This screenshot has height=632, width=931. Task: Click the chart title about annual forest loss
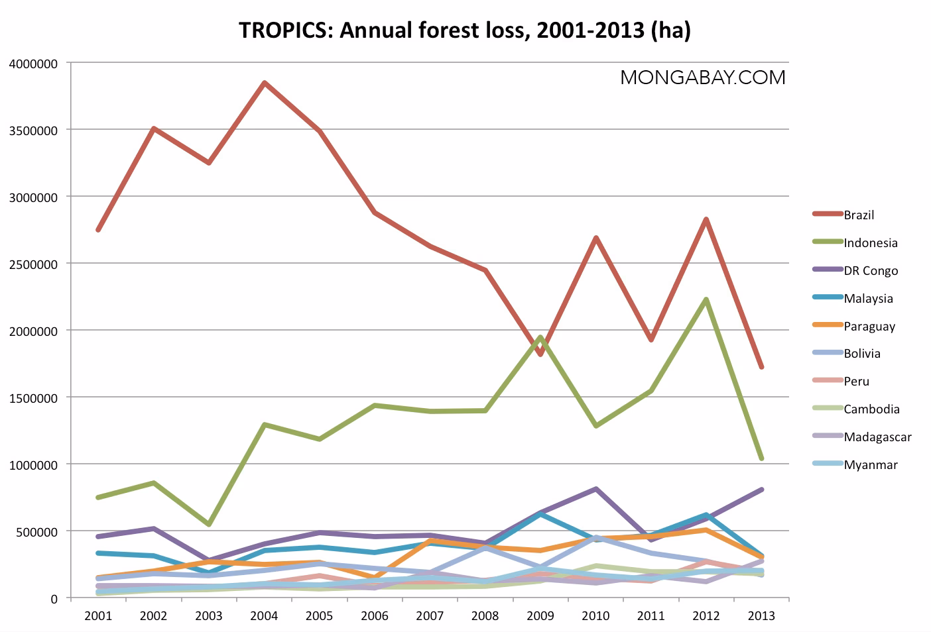coord(464,30)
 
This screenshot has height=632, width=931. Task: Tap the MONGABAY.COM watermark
coord(702,78)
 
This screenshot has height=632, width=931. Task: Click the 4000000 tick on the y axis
coord(34,64)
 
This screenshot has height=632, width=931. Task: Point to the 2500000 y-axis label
coord(34,264)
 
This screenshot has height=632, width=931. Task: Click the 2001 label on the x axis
coord(98,616)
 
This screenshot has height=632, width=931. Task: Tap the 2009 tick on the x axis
coord(540,616)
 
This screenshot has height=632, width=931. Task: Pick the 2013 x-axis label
coord(761,616)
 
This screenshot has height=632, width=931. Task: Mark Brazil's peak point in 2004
coord(264,83)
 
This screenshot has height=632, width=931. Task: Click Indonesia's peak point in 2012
coord(706,299)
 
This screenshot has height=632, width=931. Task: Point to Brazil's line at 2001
coord(98,230)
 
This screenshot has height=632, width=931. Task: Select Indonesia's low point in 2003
coord(209,524)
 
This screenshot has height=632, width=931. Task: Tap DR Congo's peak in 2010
coord(596,489)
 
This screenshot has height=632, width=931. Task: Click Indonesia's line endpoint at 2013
coord(761,458)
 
